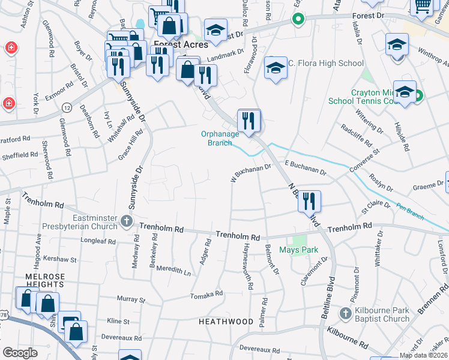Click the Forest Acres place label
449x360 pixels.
(181, 44)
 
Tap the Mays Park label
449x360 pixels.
(298, 250)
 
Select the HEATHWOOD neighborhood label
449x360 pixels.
(226, 322)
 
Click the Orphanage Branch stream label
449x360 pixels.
(219, 139)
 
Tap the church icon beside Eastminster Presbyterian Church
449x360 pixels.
(126, 222)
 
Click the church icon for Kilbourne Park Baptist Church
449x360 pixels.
(345, 314)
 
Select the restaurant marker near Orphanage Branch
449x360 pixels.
(248, 121)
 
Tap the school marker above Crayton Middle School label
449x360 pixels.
(405, 91)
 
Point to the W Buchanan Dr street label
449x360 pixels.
(251, 172)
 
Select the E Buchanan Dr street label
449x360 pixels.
(305, 167)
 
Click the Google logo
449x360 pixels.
(20, 352)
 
